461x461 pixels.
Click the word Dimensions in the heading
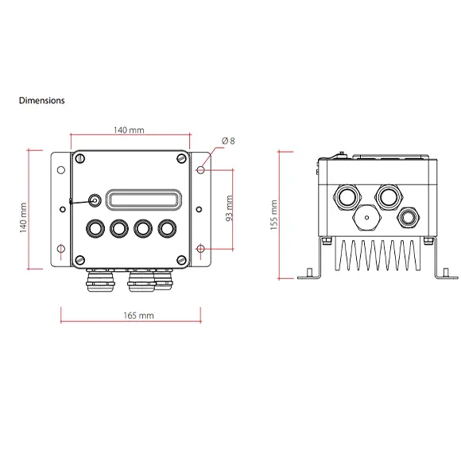(41, 101)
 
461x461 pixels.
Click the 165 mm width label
(140, 316)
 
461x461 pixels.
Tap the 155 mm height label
(273, 215)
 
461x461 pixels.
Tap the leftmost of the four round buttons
(96, 228)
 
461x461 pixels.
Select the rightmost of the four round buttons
(166, 228)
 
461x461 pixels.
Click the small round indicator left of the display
(95, 200)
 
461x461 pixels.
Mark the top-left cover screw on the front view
(79, 160)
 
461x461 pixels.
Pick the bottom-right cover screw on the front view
(182, 260)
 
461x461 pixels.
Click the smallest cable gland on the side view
(410, 215)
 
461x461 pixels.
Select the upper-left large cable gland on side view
(347, 196)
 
